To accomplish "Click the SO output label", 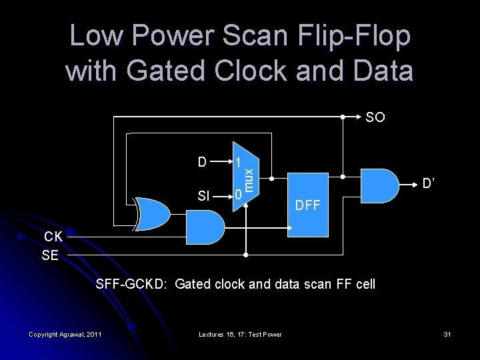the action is [375, 117].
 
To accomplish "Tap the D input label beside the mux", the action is [203, 162].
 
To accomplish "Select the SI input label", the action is [204, 196].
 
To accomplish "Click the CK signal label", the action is [53, 236].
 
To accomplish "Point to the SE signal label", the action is [50, 255].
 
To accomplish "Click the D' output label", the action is [428, 182].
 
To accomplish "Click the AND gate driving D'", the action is [377, 185].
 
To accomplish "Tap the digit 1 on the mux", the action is [237, 163].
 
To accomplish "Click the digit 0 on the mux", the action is [237, 195].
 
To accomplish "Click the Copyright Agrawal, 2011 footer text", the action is [65, 334].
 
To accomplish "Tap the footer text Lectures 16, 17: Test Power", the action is [239, 334].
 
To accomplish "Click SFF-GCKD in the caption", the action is [132, 285].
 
